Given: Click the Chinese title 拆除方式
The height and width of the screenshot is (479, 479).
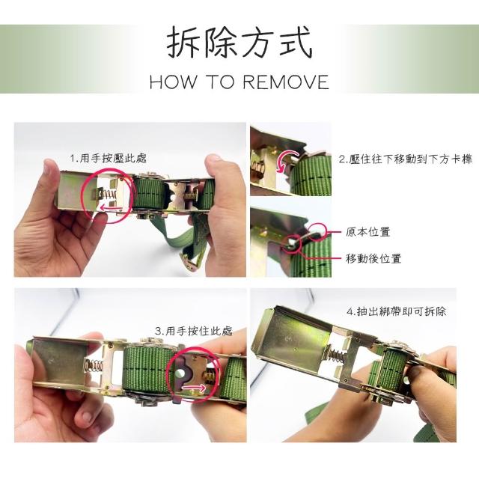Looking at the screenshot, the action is pyautogui.click(x=239, y=43).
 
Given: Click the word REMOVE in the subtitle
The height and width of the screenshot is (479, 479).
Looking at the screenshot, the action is pyautogui.click(x=286, y=82).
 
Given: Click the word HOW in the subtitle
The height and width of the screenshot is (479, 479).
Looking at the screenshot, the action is pyautogui.click(x=173, y=82).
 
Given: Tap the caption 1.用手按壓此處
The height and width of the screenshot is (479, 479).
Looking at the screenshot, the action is pyautogui.click(x=109, y=158).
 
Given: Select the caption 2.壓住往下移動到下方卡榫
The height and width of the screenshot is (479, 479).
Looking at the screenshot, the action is pyautogui.click(x=406, y=159).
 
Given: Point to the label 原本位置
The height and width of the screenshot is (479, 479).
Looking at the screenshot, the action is pyautogui.click(x=368, y=232).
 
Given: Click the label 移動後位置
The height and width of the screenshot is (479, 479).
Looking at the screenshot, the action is pyautogui.click(x=373, y=258).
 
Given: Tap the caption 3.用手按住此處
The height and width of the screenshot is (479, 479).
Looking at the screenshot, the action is pyautogui.click(x=194, y=331).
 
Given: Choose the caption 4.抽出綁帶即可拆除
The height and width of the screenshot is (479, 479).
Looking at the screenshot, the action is pyautogui.click(x=397, y=311).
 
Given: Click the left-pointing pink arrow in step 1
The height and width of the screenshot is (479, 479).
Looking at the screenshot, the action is pyautogui.click(x=112, y=208).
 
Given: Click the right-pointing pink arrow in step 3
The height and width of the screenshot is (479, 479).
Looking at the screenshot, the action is pyautogui.click(x=195, y=388).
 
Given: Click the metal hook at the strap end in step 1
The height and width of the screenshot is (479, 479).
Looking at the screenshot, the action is pyautogui.click(x=190, y=260).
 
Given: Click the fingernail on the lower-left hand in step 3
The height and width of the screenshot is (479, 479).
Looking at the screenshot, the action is pyautogui.click(x=87, y=416).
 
